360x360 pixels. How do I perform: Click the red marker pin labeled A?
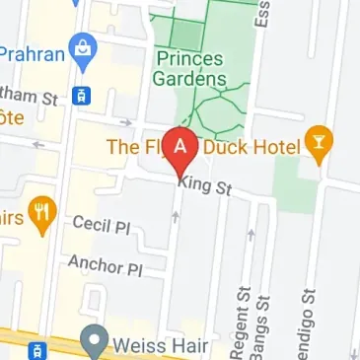180,149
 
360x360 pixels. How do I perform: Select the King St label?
204,185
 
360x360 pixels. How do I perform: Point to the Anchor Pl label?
106,265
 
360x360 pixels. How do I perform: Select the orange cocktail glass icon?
319,146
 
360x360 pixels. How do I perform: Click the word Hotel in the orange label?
279,147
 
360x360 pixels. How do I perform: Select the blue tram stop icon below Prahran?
82,97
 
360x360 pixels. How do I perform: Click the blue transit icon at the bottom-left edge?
36,350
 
